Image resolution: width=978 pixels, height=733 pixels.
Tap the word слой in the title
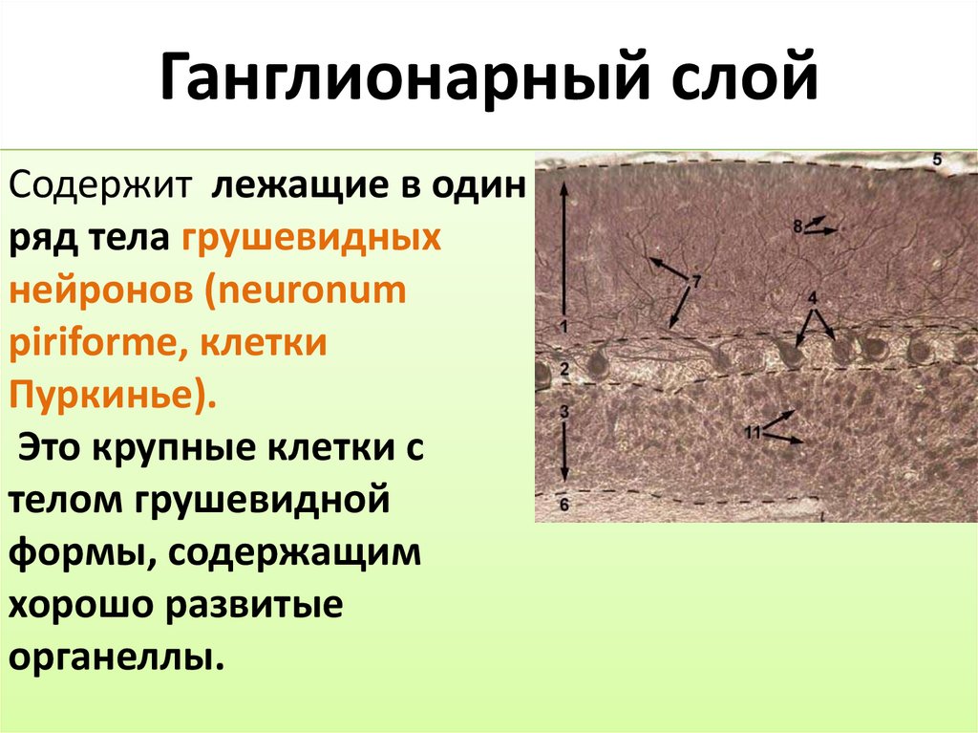tap(727, 78)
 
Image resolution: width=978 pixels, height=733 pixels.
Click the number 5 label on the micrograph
tap(936, 161)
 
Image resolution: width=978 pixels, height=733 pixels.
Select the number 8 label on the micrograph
tap(797, 226)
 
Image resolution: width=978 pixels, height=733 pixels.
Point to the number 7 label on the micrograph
tap(696, 281)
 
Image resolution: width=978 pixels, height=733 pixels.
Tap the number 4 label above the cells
tap(812, 298)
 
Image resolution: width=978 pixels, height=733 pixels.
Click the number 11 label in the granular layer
tap(752, 433)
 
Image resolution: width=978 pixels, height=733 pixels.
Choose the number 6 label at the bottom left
tap(563, 505)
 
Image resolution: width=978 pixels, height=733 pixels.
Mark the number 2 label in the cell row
tap(563, 369)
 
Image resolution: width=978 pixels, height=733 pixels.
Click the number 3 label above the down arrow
tap(563, 411)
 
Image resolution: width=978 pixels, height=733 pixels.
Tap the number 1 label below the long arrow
tap(563, 327)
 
